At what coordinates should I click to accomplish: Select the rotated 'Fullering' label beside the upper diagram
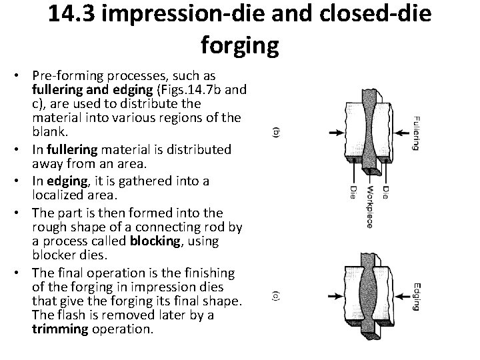414,133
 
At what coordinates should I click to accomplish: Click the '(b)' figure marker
277,133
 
